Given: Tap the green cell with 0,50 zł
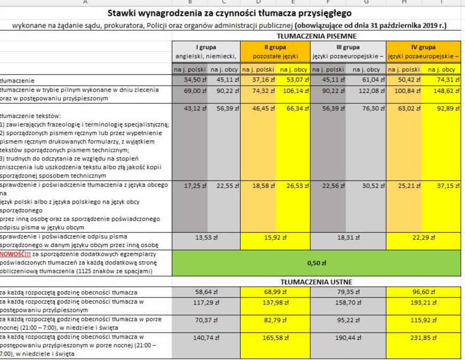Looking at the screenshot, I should coord(316,262).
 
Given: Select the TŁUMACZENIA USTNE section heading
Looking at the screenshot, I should coord(316,281).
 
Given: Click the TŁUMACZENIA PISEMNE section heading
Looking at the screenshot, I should coord(316,36).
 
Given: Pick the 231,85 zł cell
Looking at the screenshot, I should coord(423,338).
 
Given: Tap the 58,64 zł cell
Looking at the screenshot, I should coord(206,292).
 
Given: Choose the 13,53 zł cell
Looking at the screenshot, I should coord(206,237).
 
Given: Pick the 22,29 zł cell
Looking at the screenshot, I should coord(423,237).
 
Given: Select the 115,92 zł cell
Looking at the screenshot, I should coord(423,319).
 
